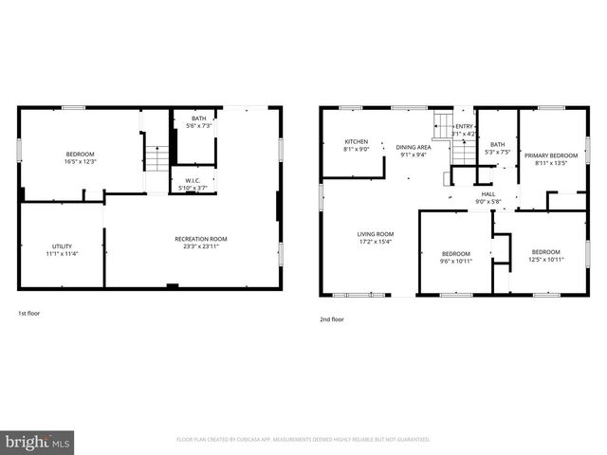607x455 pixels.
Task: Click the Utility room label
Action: click(62, 250)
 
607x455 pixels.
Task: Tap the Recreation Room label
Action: click(200, 243)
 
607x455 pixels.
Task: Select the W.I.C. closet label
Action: click(192, 184)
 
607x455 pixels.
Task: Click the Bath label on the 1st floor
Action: click(197, 122)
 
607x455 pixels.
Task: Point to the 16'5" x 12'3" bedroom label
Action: click(81, 157)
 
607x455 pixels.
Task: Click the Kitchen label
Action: click(356, 145)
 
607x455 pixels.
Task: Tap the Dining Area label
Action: click(413, 151)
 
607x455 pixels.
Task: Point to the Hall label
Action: click(488, 196)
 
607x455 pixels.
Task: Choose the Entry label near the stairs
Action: click(464, 130)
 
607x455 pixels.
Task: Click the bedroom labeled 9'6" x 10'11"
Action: click(456, 257)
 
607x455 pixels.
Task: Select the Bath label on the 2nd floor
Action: click(497, 147)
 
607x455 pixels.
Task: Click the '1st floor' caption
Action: click(28, 313)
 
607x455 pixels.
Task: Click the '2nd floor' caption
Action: click(332, 319)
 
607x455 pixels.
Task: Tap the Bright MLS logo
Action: click(37, 442)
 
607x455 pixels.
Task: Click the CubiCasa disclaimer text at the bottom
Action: click(303, 440)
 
